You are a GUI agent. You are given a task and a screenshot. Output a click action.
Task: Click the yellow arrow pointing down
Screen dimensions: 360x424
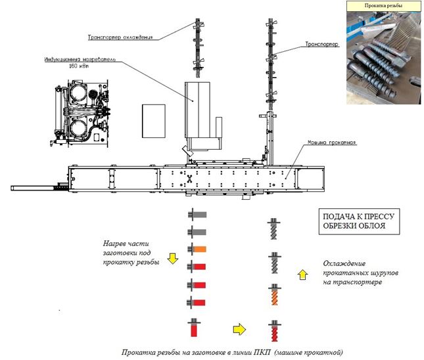174,258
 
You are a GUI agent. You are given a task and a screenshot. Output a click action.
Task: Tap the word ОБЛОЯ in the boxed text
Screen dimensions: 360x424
386,229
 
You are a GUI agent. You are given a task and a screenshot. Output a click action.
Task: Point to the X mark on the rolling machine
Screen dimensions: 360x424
190,179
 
